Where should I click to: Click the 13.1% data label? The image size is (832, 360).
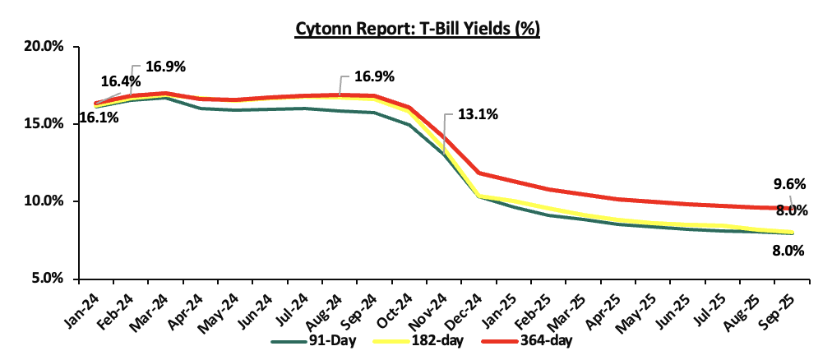[477, 115]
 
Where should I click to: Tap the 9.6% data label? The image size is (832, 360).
[786, 184]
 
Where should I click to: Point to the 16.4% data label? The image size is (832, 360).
[120, 81]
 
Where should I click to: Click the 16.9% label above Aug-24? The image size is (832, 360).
[374, 76]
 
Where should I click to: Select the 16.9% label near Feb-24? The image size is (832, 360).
[165, 66]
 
